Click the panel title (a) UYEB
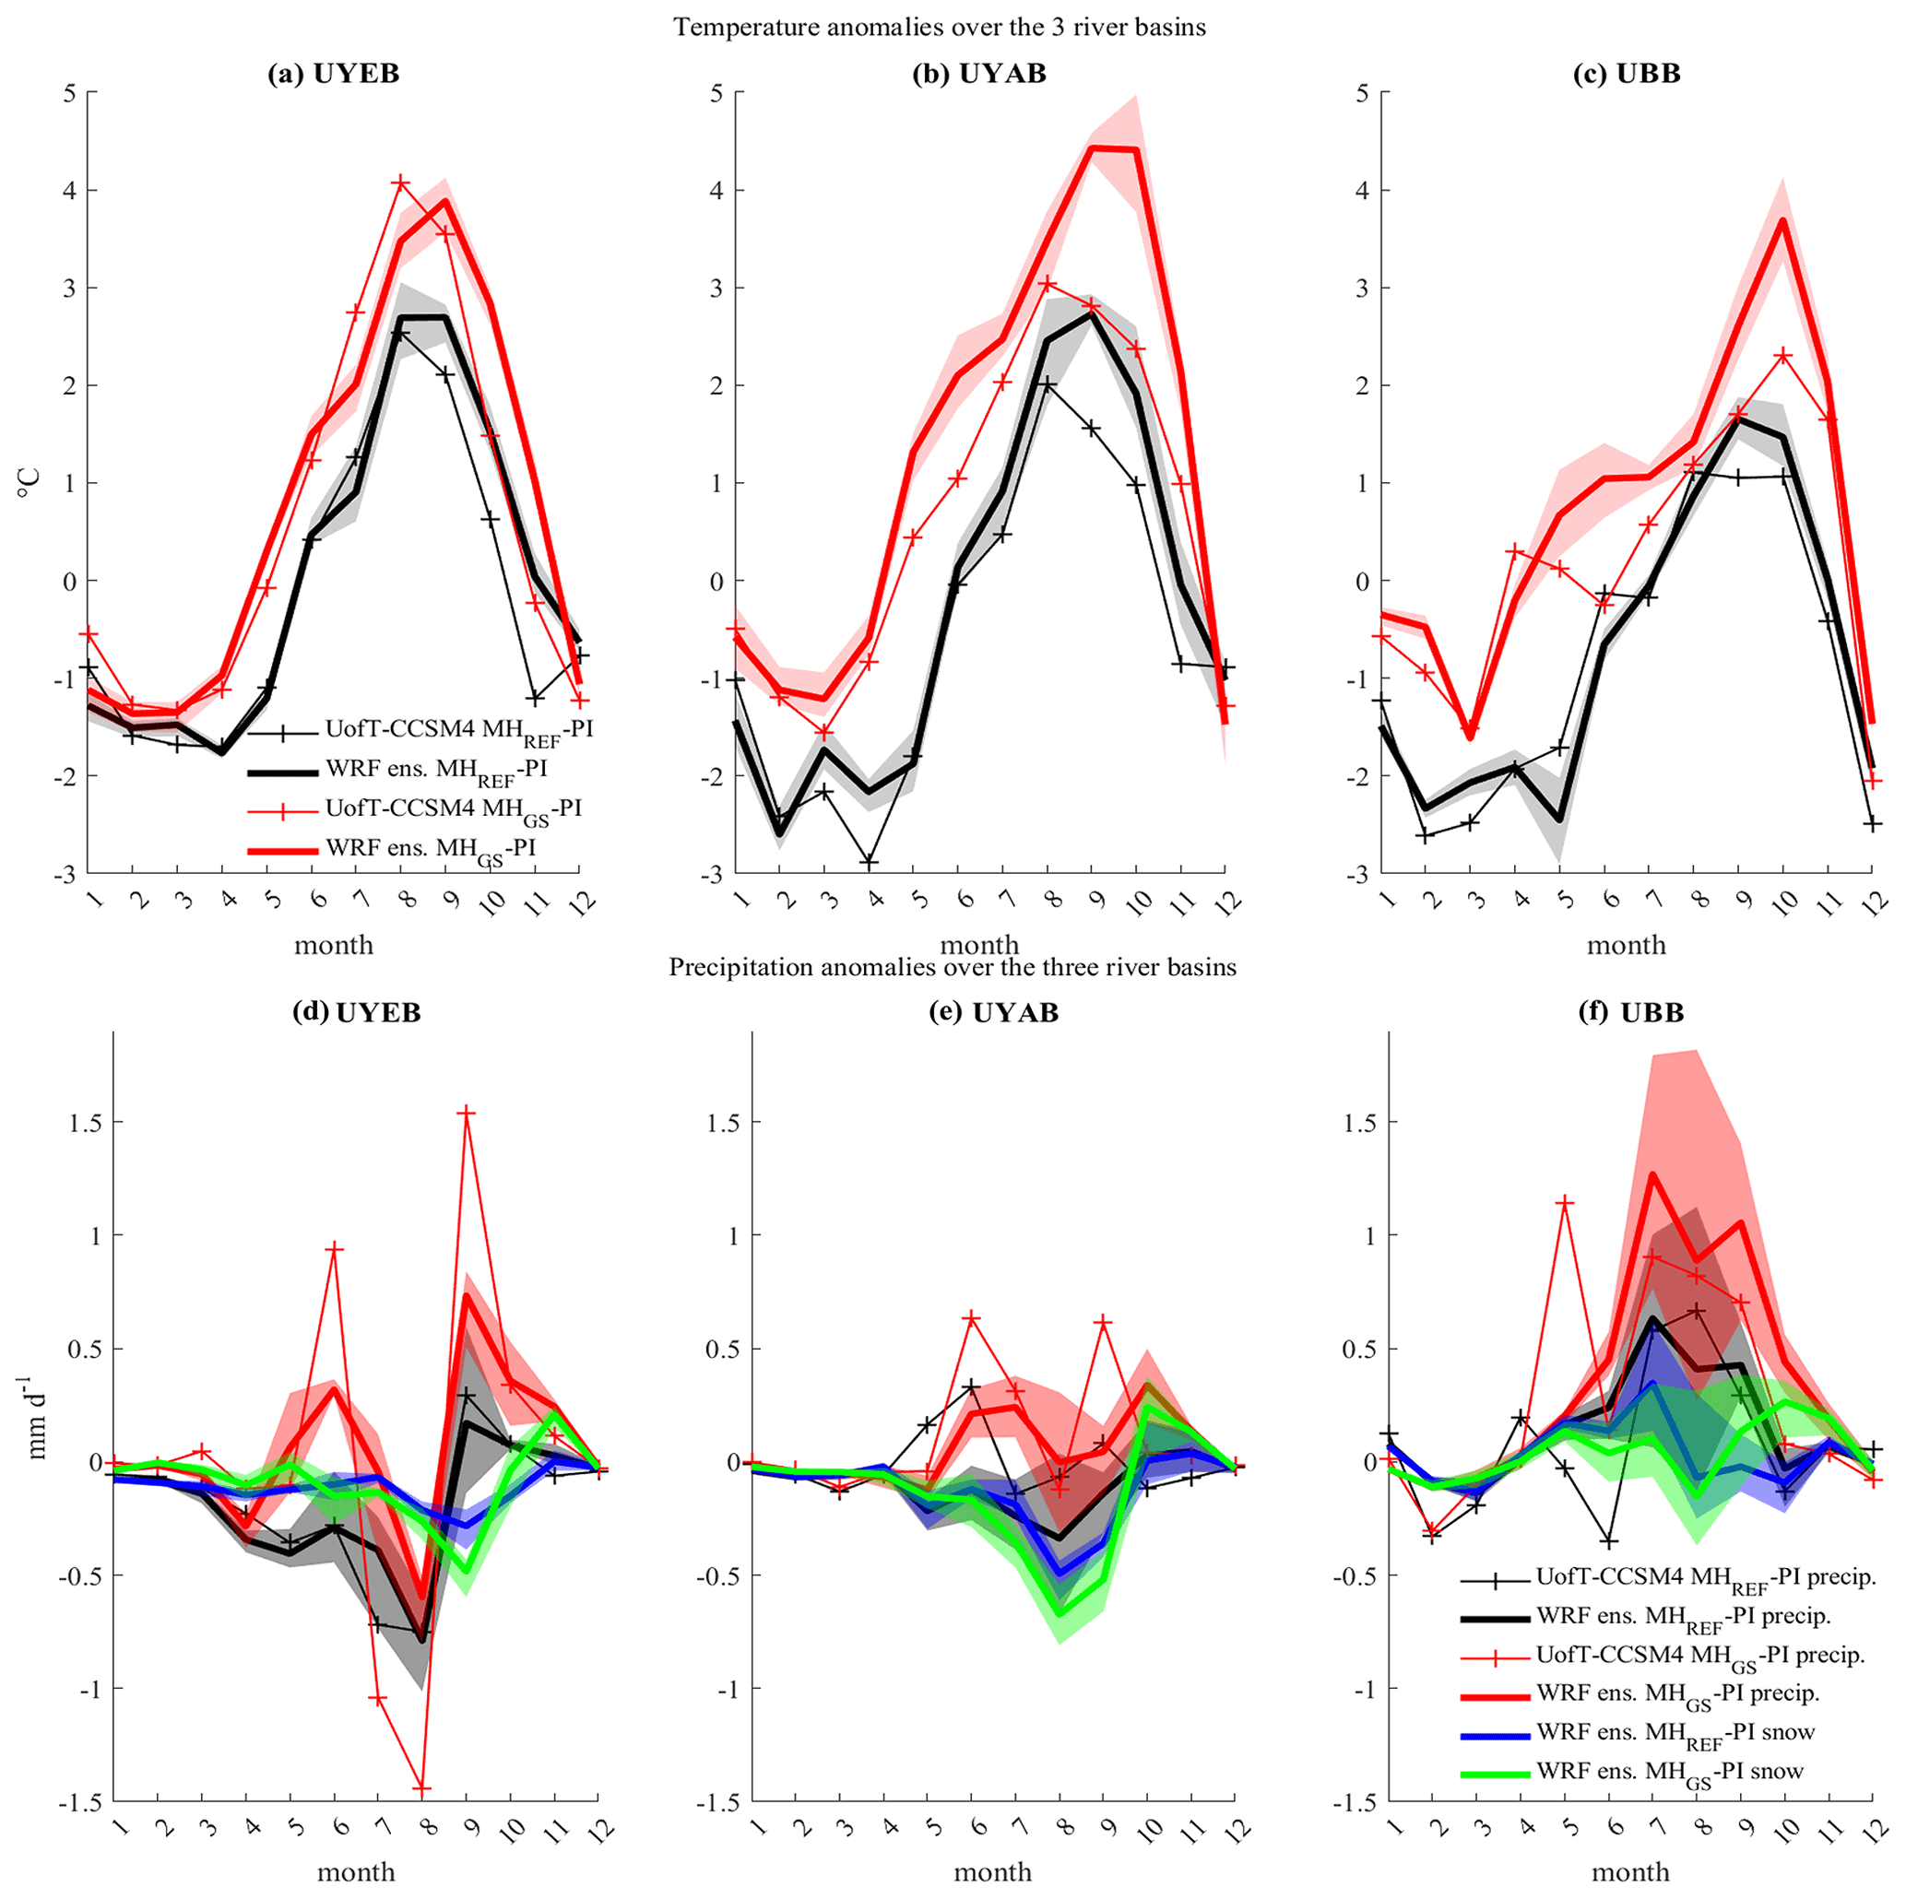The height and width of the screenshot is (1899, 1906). point(334,74)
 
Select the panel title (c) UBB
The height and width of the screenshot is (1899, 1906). point(1626,74)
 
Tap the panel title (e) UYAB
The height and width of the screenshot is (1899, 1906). point(992,1012)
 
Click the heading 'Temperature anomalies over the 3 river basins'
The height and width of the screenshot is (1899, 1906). point(940,27)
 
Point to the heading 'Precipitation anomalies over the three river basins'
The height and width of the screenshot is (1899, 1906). point(952,967)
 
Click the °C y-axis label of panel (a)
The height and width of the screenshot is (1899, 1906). point(29,482)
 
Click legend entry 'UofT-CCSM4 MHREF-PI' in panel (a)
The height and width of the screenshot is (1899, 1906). point(458,730)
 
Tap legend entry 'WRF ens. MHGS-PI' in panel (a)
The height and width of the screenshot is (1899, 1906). point(430,848)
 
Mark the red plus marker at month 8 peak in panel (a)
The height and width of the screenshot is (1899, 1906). point(400,183)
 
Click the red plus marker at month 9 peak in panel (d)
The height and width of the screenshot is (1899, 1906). point(467,1113)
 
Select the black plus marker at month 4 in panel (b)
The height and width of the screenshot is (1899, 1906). point(870,862)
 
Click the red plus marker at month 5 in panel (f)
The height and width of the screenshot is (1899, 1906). point(1565,1201)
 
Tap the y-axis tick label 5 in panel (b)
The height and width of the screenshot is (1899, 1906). point(716,93)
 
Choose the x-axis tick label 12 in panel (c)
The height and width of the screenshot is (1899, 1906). point(1875,901)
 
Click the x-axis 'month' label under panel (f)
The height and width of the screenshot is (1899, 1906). point(1629,1871)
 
